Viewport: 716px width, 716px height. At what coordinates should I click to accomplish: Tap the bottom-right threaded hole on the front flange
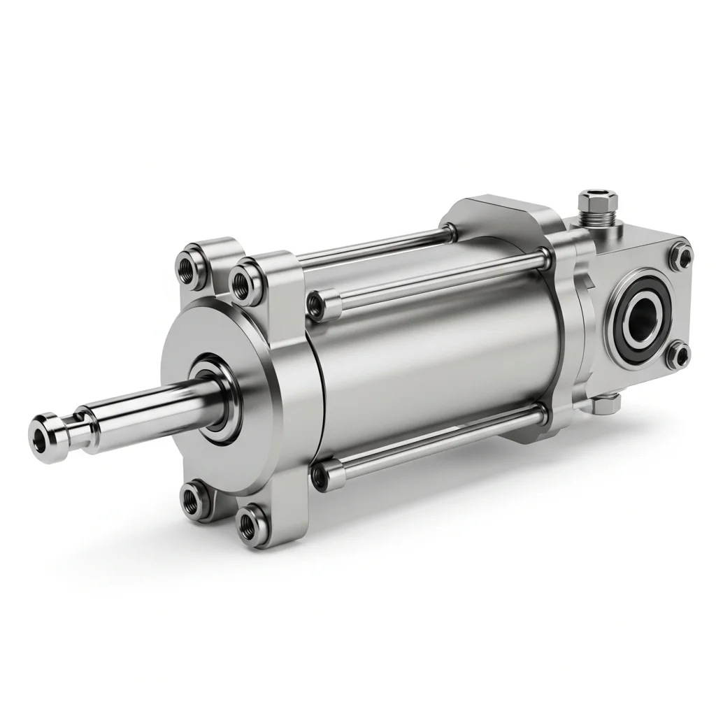click(249, 522)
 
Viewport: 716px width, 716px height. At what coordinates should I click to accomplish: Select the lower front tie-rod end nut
click(320, 477)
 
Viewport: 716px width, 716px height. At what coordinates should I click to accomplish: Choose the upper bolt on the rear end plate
click(678, 256)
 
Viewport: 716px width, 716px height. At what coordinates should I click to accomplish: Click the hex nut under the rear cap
click(606, 403)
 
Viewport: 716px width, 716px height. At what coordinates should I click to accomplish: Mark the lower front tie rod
click(434, 445)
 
